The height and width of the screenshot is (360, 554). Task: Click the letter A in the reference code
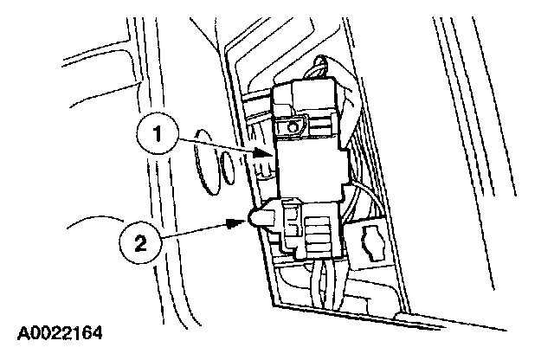click(20, 332)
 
